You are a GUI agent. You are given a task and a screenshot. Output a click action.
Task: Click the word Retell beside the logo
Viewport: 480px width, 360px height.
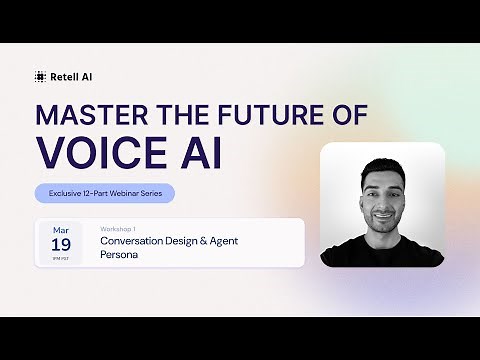pos(64,75)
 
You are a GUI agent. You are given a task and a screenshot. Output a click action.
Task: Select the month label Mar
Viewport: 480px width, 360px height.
pos(61,230)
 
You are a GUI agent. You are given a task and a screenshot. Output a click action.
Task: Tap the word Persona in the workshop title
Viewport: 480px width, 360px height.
pos(118,254)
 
